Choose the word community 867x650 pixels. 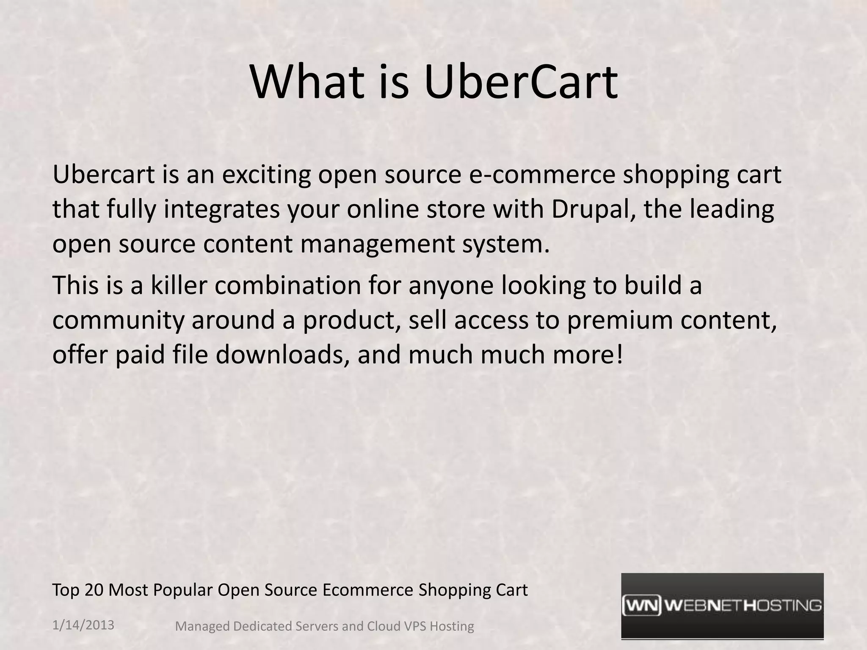[119, 320]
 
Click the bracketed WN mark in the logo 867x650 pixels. [642, 606]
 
